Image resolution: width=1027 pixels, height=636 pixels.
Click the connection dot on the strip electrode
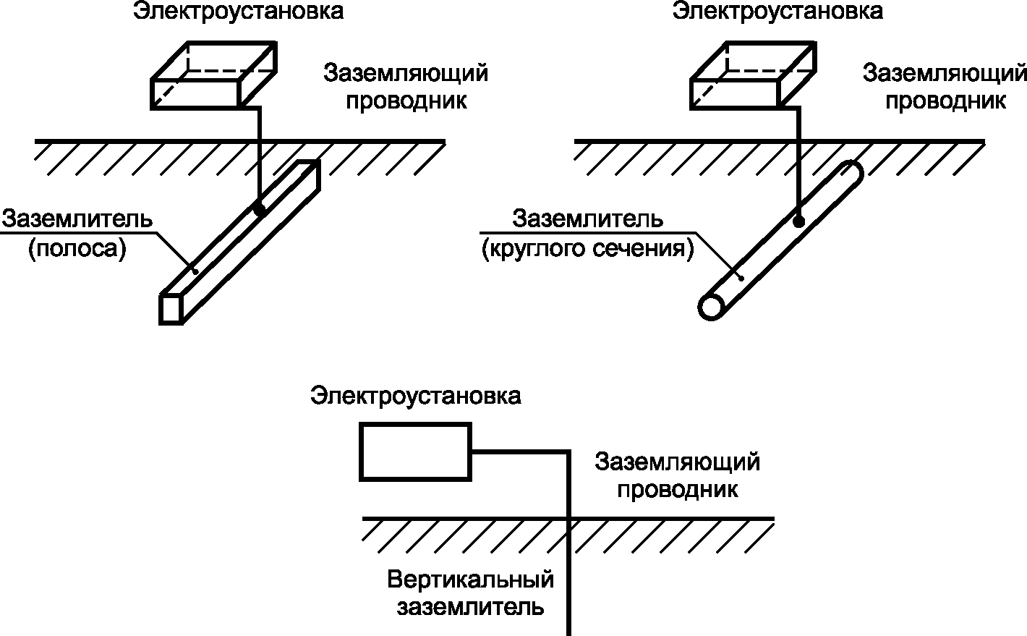[259, 208]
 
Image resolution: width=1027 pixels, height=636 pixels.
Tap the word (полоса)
[77, 249]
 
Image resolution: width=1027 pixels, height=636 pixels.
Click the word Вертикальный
[471, 580]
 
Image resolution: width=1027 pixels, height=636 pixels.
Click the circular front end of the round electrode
[712, 307]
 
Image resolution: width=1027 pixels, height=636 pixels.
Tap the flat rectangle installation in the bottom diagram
[416, 451]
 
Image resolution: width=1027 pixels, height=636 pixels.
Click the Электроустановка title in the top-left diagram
[237, 12]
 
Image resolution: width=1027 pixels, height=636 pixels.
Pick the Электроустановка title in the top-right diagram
[777, 12]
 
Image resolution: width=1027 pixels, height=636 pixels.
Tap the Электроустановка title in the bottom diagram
[416, 396]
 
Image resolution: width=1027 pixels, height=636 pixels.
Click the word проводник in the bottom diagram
[678, 489]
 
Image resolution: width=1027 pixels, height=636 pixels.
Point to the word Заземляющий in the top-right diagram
[946, 74]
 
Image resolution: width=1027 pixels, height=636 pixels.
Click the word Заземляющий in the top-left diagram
[406, 74]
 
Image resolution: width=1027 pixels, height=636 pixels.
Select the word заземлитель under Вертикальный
[470, 606]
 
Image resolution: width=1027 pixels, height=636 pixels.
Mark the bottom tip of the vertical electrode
[569, 632]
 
